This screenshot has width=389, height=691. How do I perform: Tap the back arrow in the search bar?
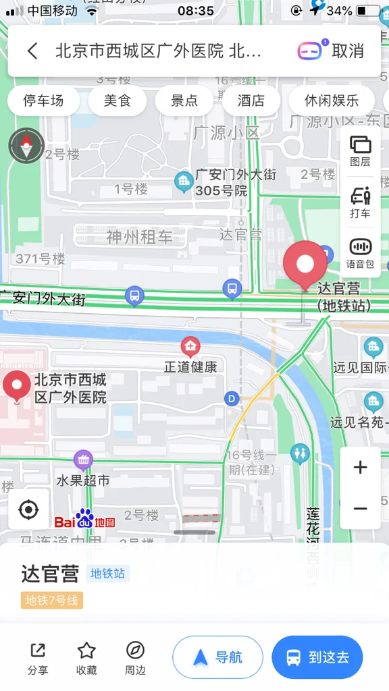pos(32,51)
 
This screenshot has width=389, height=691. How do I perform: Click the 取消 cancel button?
pos(348,51)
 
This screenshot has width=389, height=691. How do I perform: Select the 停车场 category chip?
pos(43,101)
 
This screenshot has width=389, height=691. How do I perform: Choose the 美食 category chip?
pos(116,101)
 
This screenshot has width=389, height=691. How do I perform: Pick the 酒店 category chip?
pos(251,101)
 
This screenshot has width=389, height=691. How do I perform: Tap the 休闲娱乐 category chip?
pos(331,101)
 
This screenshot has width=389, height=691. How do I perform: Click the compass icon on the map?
pos(26,145)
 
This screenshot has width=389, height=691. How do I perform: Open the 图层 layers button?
pos(360,150)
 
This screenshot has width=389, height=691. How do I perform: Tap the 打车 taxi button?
pos(360,202)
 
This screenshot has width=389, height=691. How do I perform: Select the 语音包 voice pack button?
pos(360,253)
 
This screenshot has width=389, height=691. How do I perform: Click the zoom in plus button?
pos(360,467)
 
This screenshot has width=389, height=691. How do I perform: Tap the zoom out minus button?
pos(360,508)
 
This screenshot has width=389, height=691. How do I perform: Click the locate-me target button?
pos(28,509)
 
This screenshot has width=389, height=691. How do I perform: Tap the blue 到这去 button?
pos(317,657)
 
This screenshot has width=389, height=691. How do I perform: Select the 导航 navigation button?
pos(217,657)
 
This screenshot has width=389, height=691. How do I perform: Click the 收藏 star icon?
pos(86,651)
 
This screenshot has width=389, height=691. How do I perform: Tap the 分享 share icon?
pos(38,651)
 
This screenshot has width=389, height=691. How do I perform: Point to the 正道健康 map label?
pos(190,366)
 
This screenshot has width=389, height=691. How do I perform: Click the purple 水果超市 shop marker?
pos(83,460)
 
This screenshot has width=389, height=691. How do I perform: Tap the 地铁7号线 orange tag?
pos(52,601)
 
